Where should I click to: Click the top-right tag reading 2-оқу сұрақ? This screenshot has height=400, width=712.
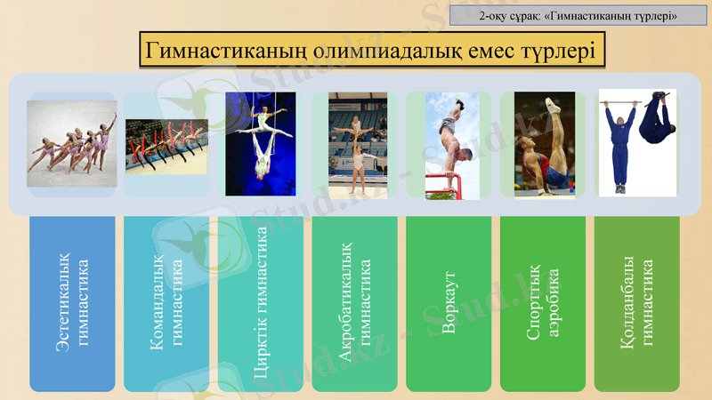(x=578, y=15)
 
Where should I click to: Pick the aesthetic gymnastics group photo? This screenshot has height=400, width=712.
(x=72, y=143)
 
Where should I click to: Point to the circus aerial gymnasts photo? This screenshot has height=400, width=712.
(x=260, y=143)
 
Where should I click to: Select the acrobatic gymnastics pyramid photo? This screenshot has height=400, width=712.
(x=354, y=143)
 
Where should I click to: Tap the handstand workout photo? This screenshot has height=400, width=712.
(x=452, y=143)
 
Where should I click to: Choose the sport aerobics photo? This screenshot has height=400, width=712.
(x=544, y=143)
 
